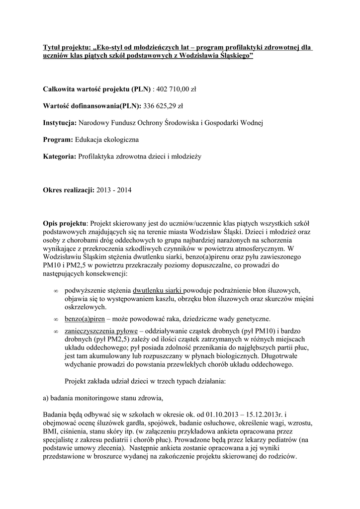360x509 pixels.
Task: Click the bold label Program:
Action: point(58,140)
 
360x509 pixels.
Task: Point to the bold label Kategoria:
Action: point(60,156)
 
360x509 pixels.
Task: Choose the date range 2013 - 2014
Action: point(114,190)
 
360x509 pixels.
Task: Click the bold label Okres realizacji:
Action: point(69,190)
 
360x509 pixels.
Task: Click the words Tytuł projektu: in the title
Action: point(67,47)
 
